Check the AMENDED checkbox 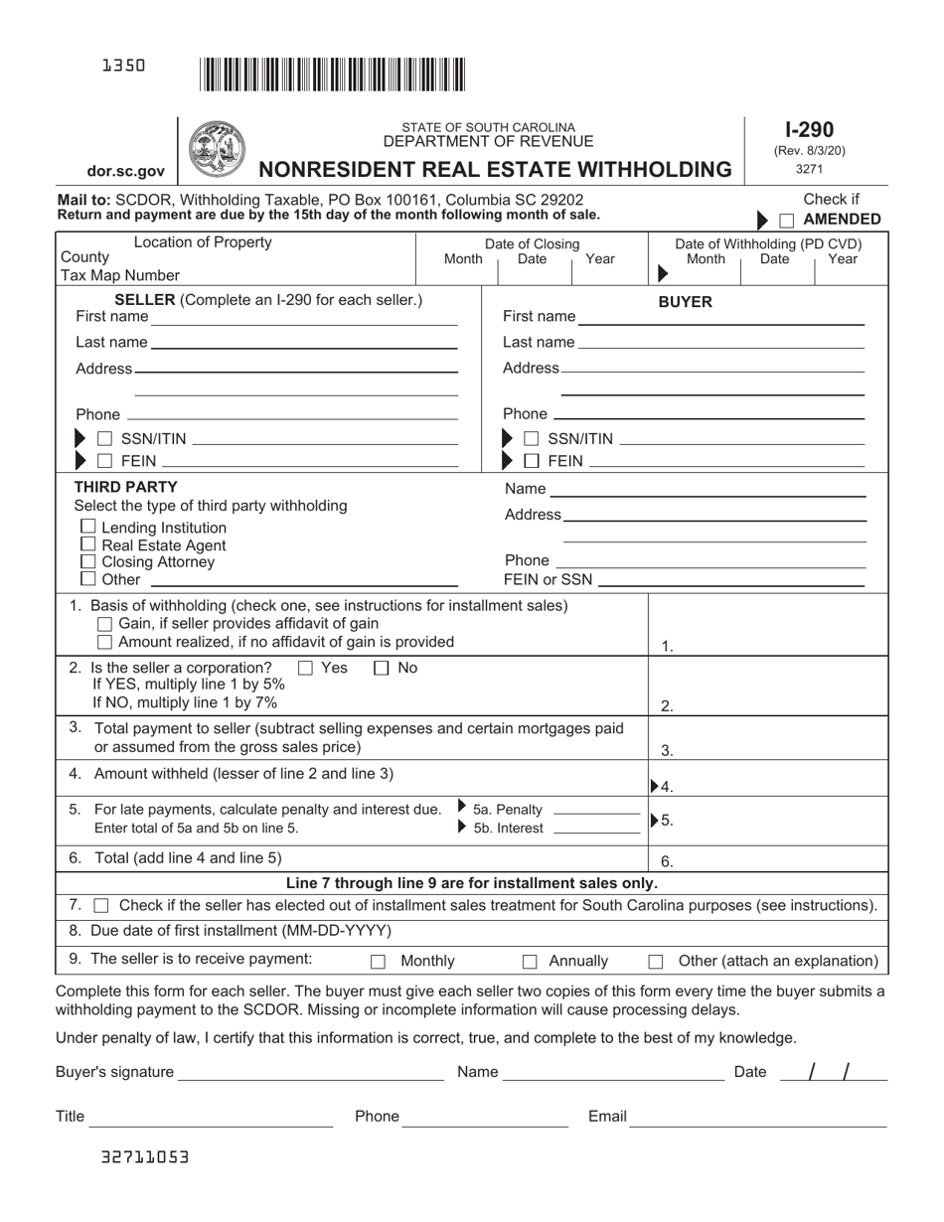pyautogui.click(x=786, y=221)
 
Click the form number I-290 pyautogui.click(x=809, y=129)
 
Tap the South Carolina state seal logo pyautogui.click(x=216, y=149)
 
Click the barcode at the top pyautogui.click(x=332, y=76)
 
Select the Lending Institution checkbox pyautogui.click(x=88, y=527)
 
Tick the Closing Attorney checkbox pyautogui.click(x=88, y=561)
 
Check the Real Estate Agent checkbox pyautogui.click(x=88, y=544)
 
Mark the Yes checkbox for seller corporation pyautogui.click(x=306, y=669)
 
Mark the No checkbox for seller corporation pyautogui.click(x=382, y=669)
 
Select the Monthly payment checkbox pyautogui.click(x=378, y=962)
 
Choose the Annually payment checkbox pyautogui.click(x=530, y=962)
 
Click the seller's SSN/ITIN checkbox pyautogui.click(x=104, y=439)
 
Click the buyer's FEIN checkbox pyautogui.click(x=532, y=461)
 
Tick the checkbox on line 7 pyautogui.click(x=100, y=906)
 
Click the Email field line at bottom pyautogui.click(x=758, y=1118)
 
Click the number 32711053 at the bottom pyautogui.click(x=144, y=1157)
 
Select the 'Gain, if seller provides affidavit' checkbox pyautogui.click(x=105, y=624)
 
